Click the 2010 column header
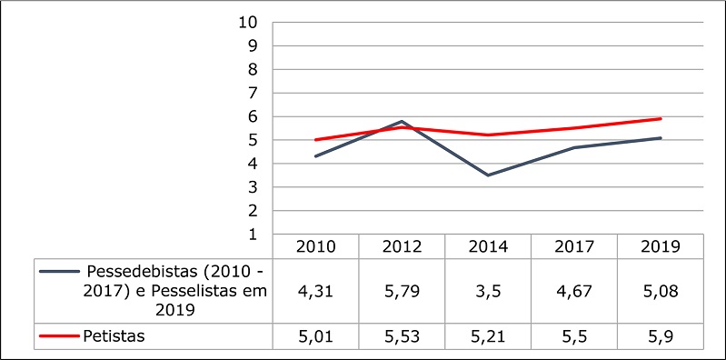(x=315, y=246)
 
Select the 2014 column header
(x=488, y=246)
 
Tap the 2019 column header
(x=661, y=246)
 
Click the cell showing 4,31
(x=315, y=290)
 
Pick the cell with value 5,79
(x=402, y=290)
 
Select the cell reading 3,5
(x=488, y=290)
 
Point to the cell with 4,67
(x=574, y=290)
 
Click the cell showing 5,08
(x=661, y=290)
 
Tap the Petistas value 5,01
(x=315, y=336)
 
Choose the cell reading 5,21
(x=488, y=336)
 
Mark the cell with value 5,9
(x=661, y=336)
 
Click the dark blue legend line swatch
(x=57, y=272)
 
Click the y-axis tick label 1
(x=254, y=235)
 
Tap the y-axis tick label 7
(x=254, y=93)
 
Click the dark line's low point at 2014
(x=488, y=175)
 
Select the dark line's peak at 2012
(x=402, y=121)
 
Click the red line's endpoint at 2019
(x=661, y=118)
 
